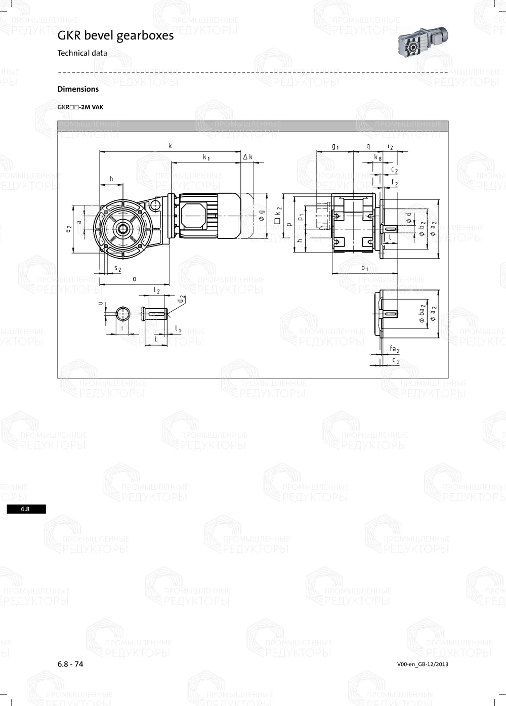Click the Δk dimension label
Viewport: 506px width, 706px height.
pos(248,157)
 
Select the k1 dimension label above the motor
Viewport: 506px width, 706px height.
pos(206,157)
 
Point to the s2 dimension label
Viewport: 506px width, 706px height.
pos(117,269)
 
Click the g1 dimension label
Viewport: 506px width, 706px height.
pos(335,146)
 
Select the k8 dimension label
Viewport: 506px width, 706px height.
pos(377,157)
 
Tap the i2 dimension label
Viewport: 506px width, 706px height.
pos(390,146)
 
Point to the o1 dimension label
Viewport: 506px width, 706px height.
pos(364,268)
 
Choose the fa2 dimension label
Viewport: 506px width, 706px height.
pos(395,350)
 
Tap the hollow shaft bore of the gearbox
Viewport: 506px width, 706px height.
pos(122,228)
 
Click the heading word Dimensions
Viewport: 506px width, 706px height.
pos(78,89)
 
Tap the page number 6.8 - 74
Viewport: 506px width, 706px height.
pos(70,664)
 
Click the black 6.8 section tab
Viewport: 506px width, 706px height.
pos(26,509)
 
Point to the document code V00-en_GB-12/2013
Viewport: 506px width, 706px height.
pos(423,665)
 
